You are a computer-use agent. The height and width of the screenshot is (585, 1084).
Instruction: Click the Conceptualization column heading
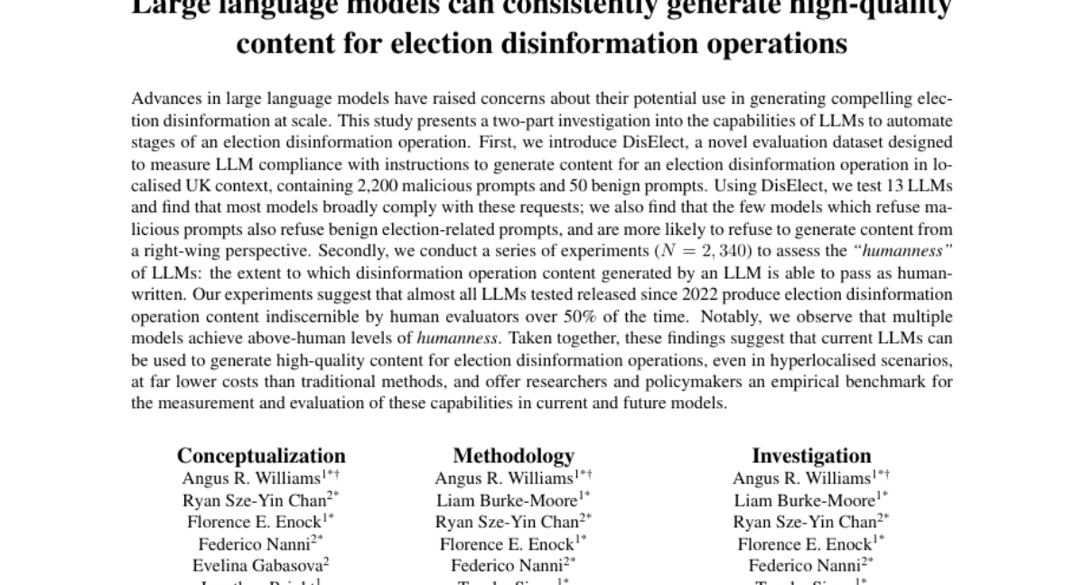tap(261, 456)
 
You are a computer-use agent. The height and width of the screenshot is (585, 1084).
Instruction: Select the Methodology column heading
tap(513, 456)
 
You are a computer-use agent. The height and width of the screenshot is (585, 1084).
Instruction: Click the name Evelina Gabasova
tap(257, 565)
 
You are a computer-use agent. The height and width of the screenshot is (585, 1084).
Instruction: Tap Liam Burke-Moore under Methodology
tap(509, 500)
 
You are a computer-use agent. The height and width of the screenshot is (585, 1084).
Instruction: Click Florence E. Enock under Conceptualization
tap(257, 522)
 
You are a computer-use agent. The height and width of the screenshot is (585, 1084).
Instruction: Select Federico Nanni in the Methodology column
tap(508, 565)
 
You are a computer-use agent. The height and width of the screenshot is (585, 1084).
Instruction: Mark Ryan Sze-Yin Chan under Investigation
tap(807, 522)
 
